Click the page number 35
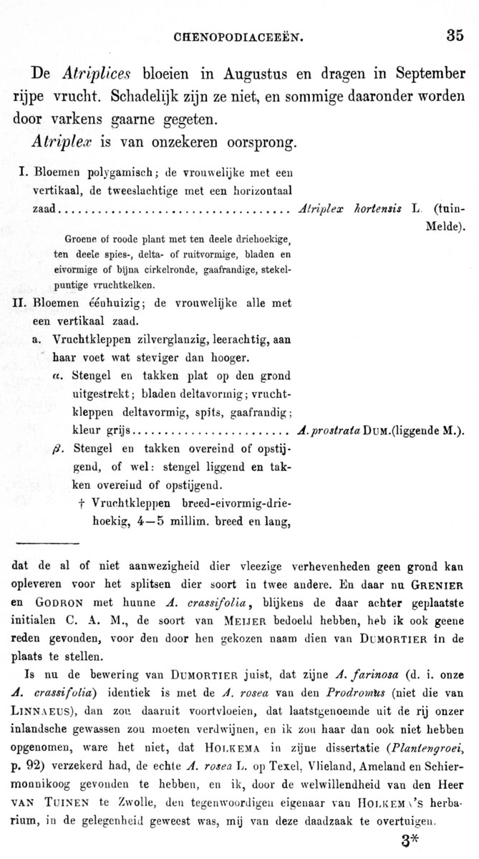coord(455,35)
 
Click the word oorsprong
coord(254,140)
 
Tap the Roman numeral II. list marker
coord(20,302)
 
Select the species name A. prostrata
coord(329,430)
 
